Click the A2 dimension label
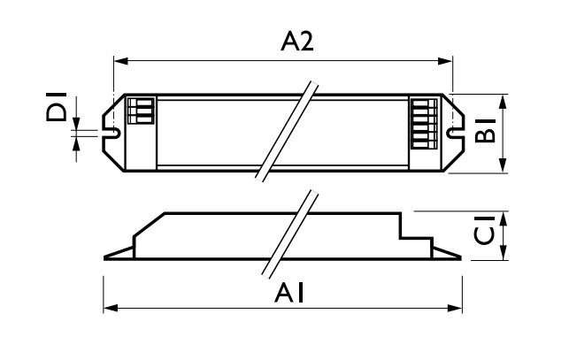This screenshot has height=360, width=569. pos(296,42)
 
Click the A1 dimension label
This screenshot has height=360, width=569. pos(289,294)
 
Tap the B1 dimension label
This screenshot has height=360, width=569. pos(485,130)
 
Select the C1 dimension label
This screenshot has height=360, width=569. pos(484,230)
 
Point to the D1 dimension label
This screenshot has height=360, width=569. pos(57,107)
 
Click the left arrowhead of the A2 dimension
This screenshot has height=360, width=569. pos(121,61)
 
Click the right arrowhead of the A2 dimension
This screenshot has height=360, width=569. pos(445,61)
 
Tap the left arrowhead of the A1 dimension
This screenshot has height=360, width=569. pos(111,309)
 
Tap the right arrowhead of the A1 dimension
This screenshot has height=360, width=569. pos(455,309)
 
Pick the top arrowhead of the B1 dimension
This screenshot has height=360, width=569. pos(503,102)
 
